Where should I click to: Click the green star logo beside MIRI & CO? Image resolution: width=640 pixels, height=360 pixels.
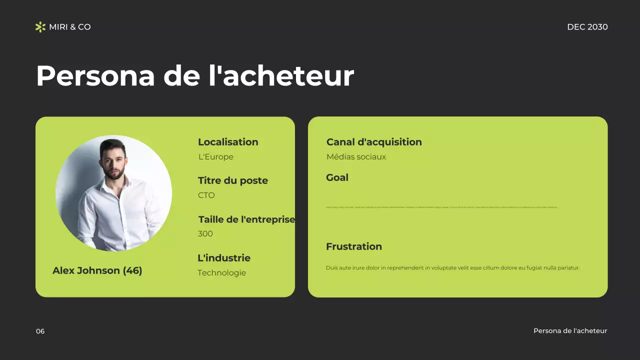(40, 27)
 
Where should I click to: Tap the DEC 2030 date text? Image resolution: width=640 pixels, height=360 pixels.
(587, 27)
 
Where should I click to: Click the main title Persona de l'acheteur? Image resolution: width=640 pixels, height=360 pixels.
(194, 76)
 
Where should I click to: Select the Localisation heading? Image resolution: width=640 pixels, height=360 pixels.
(228, 142)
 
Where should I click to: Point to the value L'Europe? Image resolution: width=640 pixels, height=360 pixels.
(216, 157)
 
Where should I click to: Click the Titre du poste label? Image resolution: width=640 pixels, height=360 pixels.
(232, 180)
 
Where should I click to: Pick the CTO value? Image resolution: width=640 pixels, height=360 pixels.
(206, 195)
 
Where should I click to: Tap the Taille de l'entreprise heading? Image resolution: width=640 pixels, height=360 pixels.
(246, 219)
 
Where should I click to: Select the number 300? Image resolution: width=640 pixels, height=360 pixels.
(205, 234)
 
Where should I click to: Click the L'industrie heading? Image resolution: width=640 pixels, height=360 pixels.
(224, 258)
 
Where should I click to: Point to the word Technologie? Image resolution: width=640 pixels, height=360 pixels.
(221, 273)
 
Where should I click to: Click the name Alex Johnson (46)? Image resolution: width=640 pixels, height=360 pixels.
(97, 270)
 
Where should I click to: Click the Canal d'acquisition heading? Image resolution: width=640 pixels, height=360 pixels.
(374, 142)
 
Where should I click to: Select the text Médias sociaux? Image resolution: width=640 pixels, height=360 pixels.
(356, 157)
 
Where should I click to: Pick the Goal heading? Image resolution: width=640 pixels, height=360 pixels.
(337, 177)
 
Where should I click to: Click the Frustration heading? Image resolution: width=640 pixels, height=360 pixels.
(353, 246)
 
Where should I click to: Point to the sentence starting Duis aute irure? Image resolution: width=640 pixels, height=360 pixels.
(452, 268)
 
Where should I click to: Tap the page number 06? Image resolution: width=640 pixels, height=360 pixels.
(40, 331)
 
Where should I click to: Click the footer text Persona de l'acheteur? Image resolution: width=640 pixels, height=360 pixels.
(570, 331)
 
